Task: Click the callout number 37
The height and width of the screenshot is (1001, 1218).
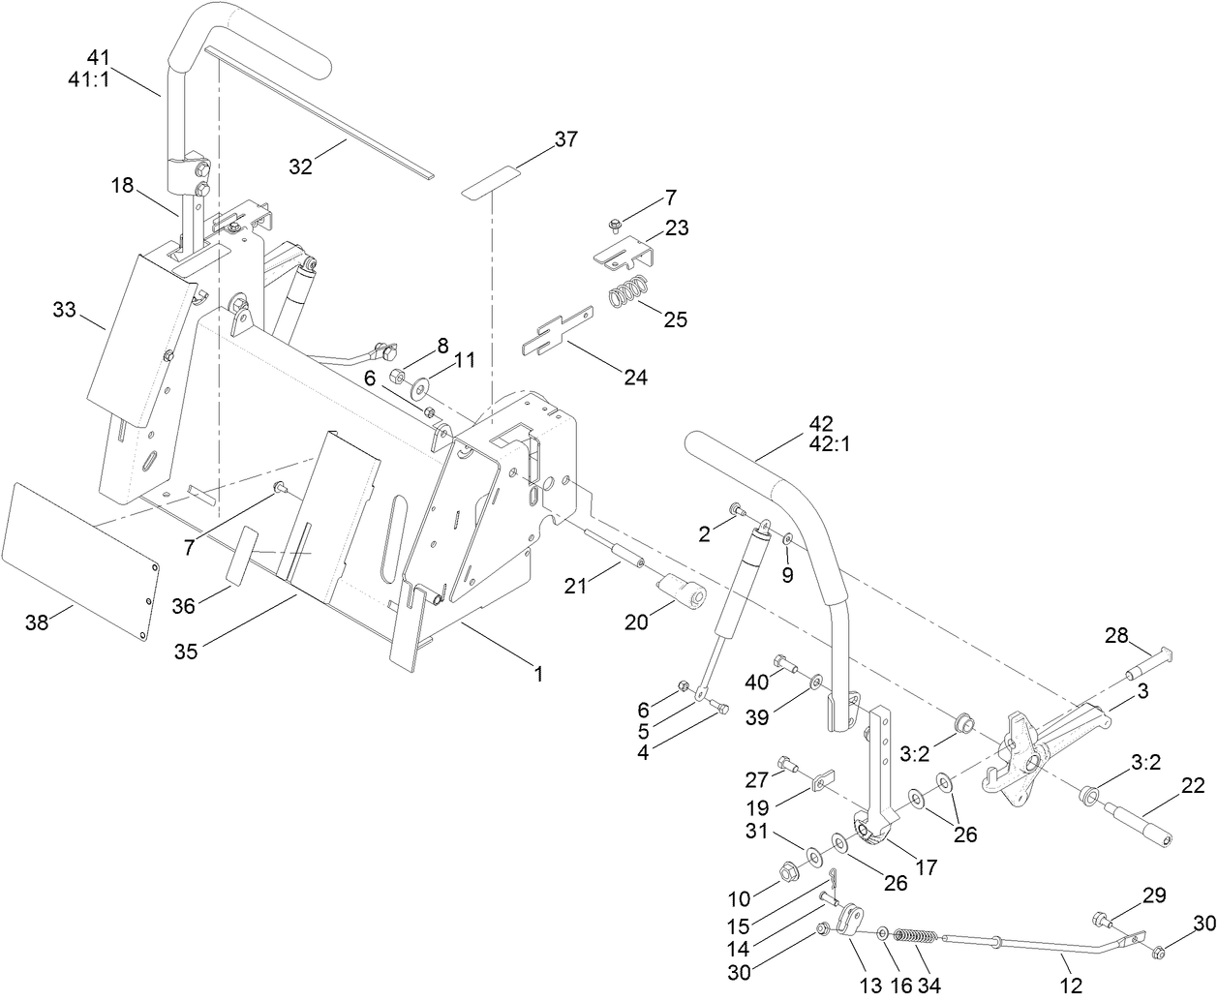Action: (565, 139)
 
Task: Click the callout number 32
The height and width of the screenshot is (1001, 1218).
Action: (301, 166)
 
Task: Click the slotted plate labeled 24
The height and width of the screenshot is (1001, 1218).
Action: (560, 328)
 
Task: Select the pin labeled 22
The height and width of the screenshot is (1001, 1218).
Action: (1144, 821)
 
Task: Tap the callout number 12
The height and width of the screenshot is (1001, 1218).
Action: (1071, 986)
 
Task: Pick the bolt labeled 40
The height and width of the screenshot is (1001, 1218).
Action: (786, 665)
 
